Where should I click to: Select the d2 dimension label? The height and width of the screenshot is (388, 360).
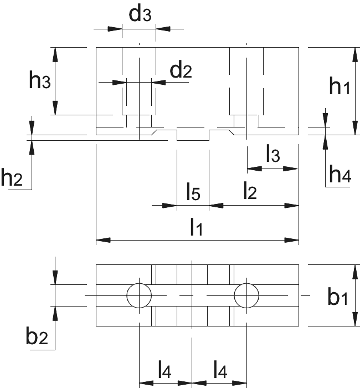[181, 69]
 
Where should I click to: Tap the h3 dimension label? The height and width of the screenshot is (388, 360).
[40, 80]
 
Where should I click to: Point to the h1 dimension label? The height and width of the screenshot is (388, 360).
[340, 85]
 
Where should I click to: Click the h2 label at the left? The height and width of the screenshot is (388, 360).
[12, 177]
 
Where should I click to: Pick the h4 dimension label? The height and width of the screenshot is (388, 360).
[340, 173]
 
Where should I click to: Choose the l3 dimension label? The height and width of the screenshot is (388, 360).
[273, 154]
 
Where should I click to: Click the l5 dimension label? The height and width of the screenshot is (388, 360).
[193, 191]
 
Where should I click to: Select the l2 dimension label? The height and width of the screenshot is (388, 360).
[250, 190]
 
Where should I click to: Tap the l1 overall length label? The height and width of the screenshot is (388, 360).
[197, 227]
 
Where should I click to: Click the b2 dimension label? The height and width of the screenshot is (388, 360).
[37, 335]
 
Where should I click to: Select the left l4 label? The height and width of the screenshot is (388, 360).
[164, 370]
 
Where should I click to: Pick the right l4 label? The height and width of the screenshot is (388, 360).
[220, 370]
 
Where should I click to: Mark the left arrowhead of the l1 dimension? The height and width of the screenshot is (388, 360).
[103, 240]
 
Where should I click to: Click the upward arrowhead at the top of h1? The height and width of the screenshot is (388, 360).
[356, 54]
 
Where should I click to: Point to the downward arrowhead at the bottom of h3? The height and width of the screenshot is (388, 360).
[55, 108]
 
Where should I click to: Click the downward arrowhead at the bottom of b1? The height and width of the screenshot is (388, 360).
[356, 319]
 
